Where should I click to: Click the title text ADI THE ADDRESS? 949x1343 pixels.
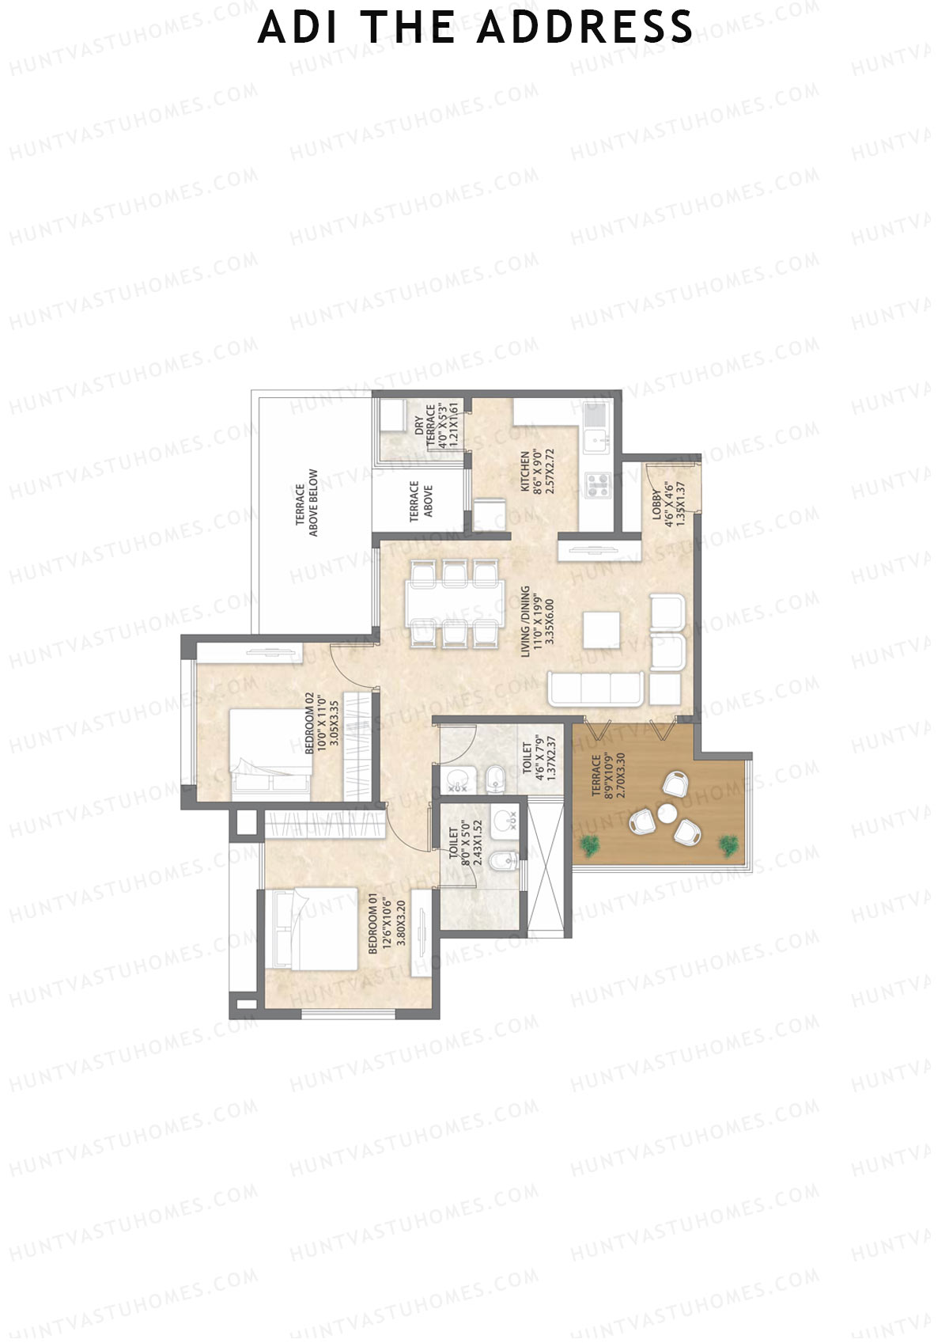point(475,27)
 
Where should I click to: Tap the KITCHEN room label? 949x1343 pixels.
point(538,472)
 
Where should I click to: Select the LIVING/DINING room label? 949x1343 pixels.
point(537,621)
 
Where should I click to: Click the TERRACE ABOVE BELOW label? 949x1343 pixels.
point(307,503)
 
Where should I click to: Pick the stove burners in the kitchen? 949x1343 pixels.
point(598,485)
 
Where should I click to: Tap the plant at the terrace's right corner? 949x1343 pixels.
point(728,846)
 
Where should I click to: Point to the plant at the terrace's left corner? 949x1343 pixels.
point(589,846)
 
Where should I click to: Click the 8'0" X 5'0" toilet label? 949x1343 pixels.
point(466,844)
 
